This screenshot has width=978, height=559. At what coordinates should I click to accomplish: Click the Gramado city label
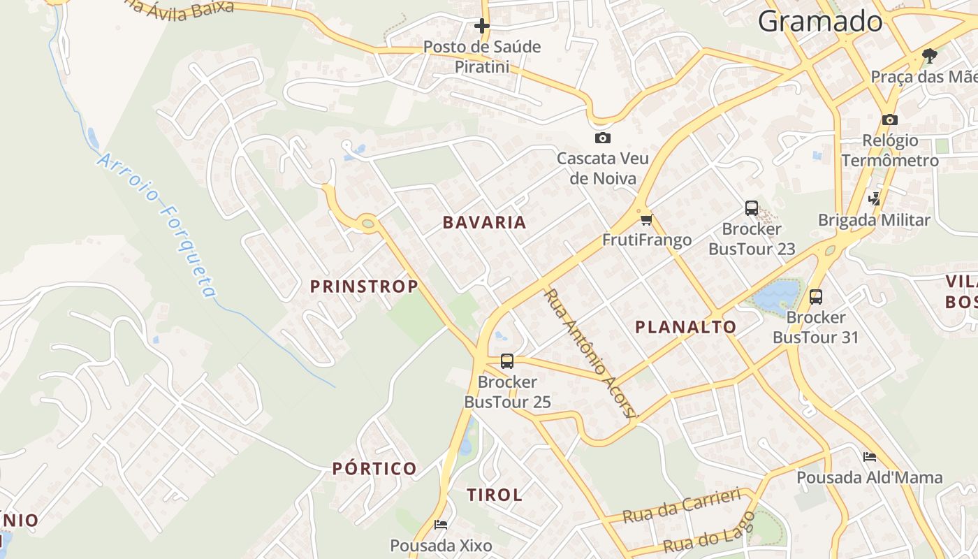tap(820, 21)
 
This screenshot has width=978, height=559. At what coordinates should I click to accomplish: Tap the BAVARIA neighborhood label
tap(484, 223)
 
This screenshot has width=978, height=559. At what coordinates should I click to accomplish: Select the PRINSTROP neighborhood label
tap(364, 286)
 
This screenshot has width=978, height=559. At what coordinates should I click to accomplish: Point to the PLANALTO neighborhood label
tap(685, 327)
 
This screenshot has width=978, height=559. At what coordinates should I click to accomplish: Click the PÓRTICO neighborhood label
tap(374, 469)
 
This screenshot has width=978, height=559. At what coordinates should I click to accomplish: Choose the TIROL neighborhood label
tap(495, 495)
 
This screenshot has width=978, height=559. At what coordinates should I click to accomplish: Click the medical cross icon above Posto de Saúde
tap(481, 27)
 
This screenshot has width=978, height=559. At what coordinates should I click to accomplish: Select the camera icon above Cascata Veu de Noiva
tap(602, 138)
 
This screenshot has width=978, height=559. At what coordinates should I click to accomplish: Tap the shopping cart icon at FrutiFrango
tap(645, 220)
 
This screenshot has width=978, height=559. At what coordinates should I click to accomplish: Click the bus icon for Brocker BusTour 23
tap(752, 208)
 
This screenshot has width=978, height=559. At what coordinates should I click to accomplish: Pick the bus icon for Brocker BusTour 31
tap(815, 297)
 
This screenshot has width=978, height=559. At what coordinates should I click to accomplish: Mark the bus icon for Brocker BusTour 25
tap(507, 361)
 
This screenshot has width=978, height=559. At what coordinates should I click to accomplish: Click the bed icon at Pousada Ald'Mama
tap(870, 457)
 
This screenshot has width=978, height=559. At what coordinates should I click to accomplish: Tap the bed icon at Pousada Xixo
tap(441, 525)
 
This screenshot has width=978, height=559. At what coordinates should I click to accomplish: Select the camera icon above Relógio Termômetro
tap(889, 119)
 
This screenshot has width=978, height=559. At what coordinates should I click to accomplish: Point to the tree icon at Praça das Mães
tap(929, 55)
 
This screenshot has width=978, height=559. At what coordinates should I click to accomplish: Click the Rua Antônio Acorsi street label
tap(590, 354)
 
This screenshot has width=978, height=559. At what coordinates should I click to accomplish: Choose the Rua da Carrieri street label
tap(681, 506)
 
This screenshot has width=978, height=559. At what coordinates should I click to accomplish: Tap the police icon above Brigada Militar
tap(874, 199)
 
